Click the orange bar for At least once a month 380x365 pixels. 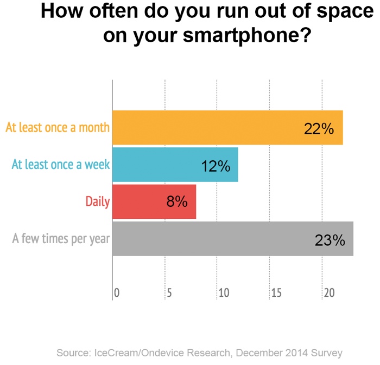(x=227, y=128)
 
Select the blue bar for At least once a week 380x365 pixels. (x=175, y=165)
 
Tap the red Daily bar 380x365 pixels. (x=154, y=201)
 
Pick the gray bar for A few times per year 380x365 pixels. (x=233, y=238)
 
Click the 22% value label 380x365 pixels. (x=319, y=129)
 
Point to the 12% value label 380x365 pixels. (x=216, y=166)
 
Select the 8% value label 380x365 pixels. (x=177, y=202)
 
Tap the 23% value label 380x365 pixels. (x=330, y=240)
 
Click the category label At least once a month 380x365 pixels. (x=58, y=128)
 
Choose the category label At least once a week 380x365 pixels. (x=61, y=165)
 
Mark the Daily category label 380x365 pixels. (x=98, y=201)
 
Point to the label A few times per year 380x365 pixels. (x=61, y=238)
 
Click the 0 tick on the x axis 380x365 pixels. (x=116, y=293)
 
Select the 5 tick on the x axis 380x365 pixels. (x=169, y=293)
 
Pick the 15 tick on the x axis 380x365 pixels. (x=276, y=293)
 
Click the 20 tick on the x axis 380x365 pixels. (x=330, y=293)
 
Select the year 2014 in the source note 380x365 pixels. (x=296, y=353)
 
